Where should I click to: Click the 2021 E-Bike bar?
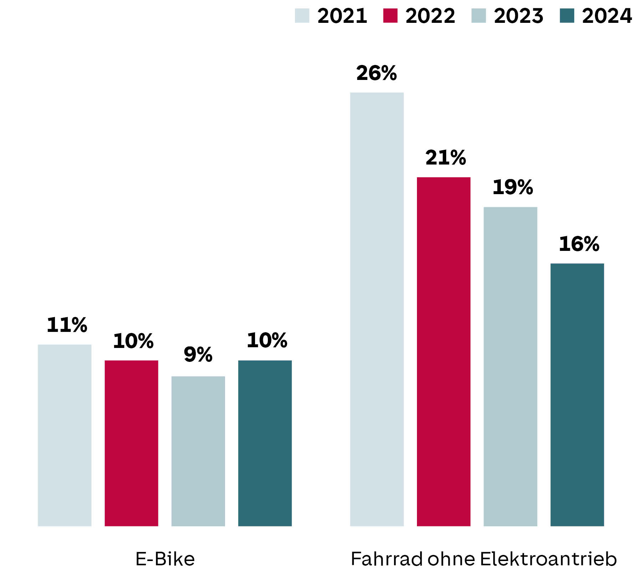65,435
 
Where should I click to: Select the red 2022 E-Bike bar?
131,443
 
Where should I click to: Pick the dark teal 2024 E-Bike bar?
265,443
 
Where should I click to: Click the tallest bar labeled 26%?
377,309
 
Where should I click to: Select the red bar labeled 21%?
443,352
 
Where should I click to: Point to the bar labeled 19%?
510,366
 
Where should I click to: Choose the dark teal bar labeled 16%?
577,394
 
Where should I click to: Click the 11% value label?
67,325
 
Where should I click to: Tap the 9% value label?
198,355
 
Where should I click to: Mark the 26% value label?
376,73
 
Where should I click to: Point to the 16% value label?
579,244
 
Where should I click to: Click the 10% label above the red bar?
133,341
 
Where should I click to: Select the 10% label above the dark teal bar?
267,340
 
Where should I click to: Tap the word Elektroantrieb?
548,559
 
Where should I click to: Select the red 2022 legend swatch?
390,16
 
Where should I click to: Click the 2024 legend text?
607,16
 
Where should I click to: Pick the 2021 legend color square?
302,16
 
